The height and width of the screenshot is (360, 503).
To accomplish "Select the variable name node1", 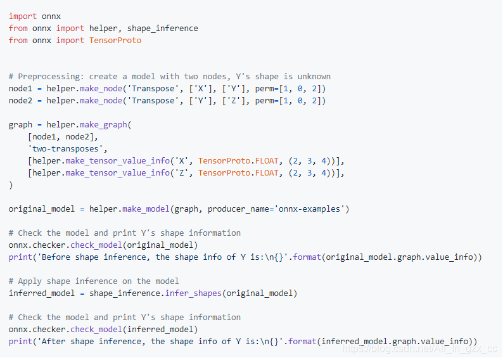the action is [20, 88].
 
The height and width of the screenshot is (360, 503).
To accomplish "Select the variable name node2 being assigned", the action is [20, 100].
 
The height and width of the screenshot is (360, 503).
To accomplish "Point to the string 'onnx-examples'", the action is [309, 209].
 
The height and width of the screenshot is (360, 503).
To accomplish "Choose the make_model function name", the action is [150, 209].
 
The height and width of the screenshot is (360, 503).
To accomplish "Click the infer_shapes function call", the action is [193, 293].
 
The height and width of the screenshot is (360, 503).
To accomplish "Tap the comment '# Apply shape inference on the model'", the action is [94, 281].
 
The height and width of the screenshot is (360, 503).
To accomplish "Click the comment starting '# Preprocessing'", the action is [170, 76].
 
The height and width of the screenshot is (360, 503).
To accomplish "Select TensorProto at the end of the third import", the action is [115, 40].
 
